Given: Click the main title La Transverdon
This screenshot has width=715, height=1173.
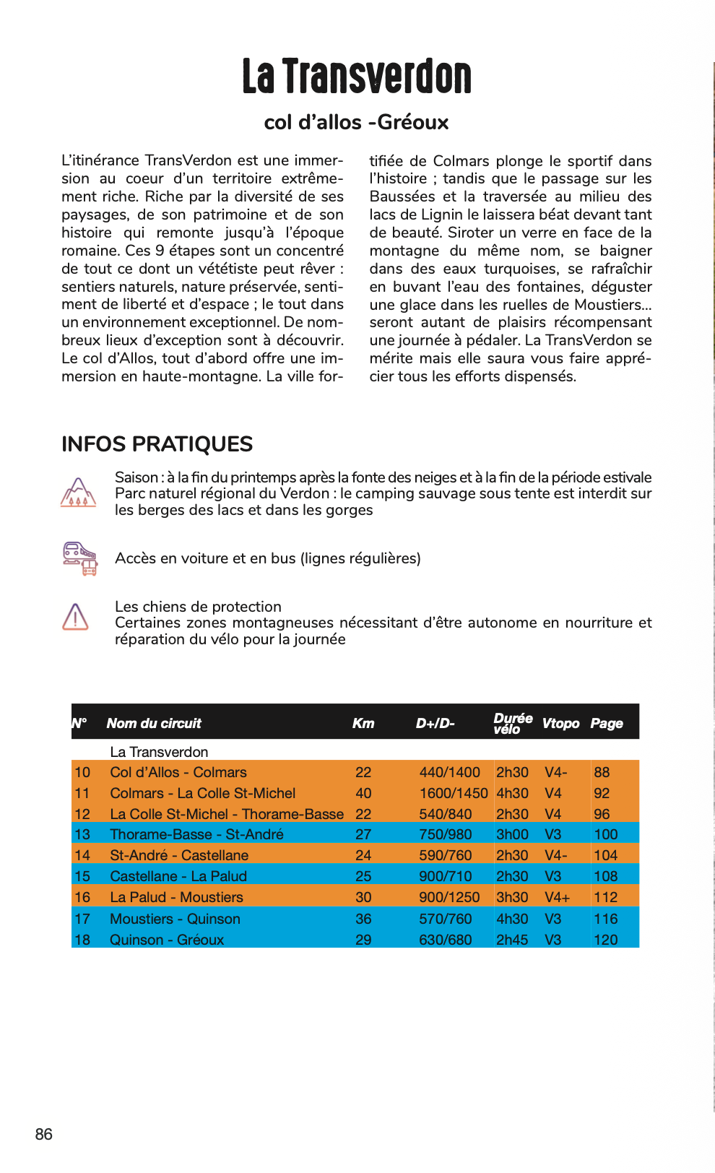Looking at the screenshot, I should pos(357,77).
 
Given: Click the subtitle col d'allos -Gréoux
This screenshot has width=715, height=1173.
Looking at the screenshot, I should pos(356,122).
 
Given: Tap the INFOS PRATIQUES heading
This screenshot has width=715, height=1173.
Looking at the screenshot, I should pos(157,443).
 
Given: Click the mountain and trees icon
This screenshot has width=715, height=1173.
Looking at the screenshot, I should pos(78,492).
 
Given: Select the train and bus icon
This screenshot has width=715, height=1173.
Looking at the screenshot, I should pos(79,558).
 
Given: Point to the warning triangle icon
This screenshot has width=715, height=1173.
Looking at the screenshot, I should pos(75,617).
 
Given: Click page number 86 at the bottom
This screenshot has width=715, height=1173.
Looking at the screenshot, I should pos(43,1134).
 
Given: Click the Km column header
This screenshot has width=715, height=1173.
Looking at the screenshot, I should pos(363,723).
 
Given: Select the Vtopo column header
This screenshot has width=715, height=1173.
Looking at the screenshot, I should pos(560,723).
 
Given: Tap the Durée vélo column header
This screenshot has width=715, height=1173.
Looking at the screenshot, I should pos(512,723).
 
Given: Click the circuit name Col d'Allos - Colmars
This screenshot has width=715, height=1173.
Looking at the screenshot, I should pos(178,772).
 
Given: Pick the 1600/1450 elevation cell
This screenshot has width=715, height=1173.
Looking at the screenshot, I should pos(453,793).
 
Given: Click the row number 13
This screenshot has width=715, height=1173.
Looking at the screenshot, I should pos(82,834).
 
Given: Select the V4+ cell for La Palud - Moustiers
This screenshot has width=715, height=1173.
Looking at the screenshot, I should pos(557,897).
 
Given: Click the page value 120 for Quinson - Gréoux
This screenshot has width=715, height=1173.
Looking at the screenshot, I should pos(605,940).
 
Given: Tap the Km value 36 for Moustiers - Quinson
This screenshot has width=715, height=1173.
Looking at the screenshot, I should pos(363,919).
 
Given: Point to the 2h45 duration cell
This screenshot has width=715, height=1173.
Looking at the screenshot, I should pos(511,940).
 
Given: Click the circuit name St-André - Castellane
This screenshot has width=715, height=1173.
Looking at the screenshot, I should pos(178,855).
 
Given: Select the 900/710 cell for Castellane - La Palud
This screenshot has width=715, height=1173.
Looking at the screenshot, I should pos(445,876).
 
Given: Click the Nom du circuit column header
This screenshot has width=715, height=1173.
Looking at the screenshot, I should pos(154,723).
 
